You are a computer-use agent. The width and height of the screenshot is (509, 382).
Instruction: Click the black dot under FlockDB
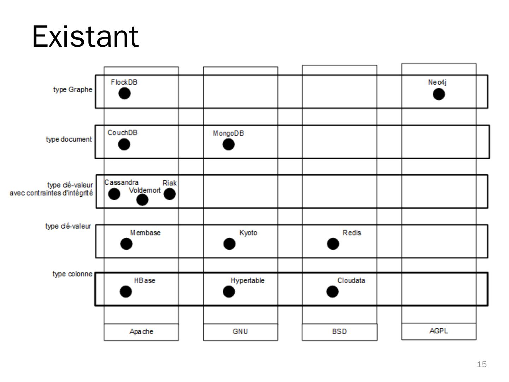pyautogui.click(x=124, y=93)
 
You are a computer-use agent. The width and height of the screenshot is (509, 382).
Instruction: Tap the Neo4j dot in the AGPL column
pyautogui.click(x=439, y=94)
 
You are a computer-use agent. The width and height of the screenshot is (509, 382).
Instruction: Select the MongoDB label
pyautogui.click(x=228, y=133)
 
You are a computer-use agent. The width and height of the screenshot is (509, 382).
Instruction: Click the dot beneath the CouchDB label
pyautogui.click(x=124, y=144)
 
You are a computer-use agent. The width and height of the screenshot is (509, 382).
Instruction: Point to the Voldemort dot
pyautogui.click(x=142, y=200)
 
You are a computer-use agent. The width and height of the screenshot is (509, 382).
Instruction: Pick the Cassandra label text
pyautogui.click(x=121, y=183)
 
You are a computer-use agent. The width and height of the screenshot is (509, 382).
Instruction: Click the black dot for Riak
pyautogui.click(x=170, y=194)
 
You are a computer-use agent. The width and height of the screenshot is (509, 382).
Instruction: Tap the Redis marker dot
pyautogui.click(x=333, y=244)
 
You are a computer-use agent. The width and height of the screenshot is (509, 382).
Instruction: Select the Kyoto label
pyautogui.click(x=248, y=233)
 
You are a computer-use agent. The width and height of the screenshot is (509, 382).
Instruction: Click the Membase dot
pyautogui.click(x=127, y=244)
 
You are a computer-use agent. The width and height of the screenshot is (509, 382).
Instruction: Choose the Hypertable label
pyautogui.click(x=247, y=280)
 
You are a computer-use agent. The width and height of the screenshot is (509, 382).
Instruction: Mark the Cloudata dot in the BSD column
pyautogui.click(x=332, y=291)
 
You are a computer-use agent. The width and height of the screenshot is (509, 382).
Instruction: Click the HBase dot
pyautogui.click(x=126, y=291)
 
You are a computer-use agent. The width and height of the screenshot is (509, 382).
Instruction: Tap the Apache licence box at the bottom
pyautogui.click(x=141, y=332)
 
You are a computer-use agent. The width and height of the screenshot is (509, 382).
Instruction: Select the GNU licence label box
pyautogui.click(x=240, y=332)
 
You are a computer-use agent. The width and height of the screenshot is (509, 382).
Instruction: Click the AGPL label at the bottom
pyautogui.click(x=439, y=331)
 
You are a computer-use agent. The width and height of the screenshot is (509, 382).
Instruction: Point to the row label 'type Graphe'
pyautogui.click(x=72, y=89)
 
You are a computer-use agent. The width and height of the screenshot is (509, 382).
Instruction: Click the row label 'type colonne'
pyautogui.click(x=72, y=274)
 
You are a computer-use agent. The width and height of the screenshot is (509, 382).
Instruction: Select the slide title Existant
pyautogui.click(x=85, y=36)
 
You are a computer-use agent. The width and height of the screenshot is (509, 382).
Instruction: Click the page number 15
pyautogui.click(x=481, y=364)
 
